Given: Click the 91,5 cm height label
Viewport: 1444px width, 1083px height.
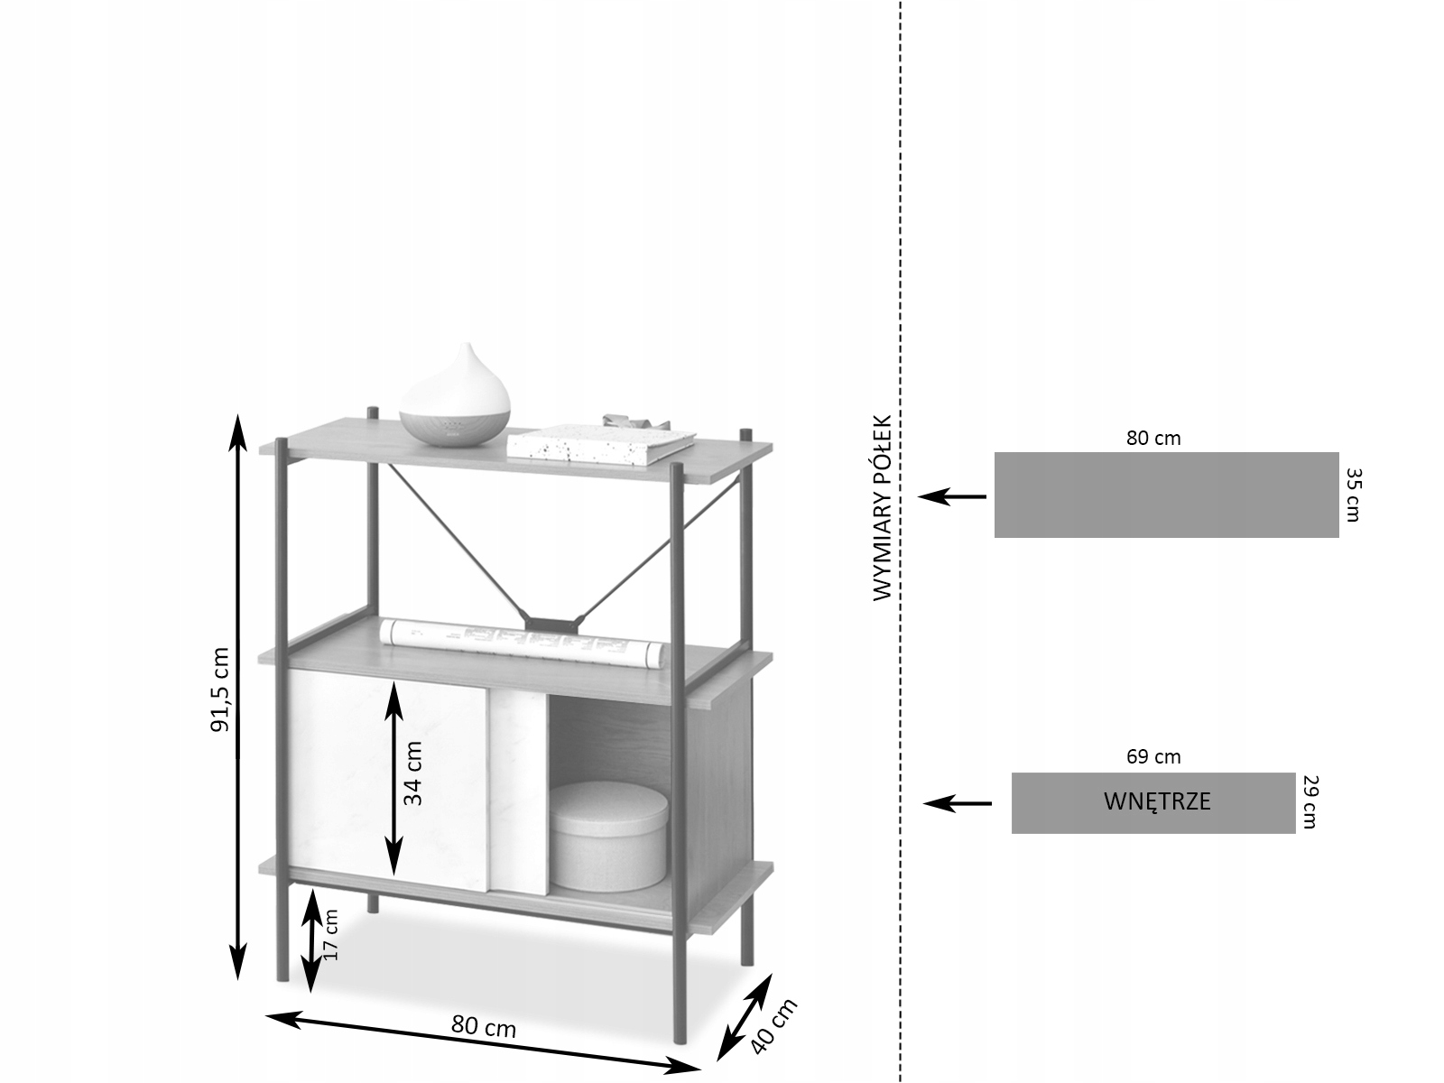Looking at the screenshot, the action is pyautogui.click(x=220, y=690).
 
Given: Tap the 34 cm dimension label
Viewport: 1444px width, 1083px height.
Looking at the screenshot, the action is pyautogui.click(x=412, y=773).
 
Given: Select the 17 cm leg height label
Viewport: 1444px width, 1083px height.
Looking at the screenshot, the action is pyautogui.click(x=330, y=934).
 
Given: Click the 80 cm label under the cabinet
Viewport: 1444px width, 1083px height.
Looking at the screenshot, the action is pyautogui.click(x=483, y=1026).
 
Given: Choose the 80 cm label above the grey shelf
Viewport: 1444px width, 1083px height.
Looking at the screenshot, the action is pyautogui.click(x=1152, y=439).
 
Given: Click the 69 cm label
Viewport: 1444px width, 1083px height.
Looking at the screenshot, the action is pyautogui.click(x=1152, y=757).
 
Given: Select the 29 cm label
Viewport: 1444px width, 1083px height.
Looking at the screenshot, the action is pyautogui.click(x=1310, y=801).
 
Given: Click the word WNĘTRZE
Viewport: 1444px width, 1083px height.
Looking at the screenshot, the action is pyautogui.click(x=1157, y=801).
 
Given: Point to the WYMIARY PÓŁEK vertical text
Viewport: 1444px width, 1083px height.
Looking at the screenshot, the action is pyautogui.click(x=882, y=507).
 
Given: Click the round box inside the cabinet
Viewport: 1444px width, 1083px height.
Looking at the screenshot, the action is pyautogui.click(x=608, y=835).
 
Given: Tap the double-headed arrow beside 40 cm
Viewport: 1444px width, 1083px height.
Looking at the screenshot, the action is pyautogui.click(x=744, y=1017).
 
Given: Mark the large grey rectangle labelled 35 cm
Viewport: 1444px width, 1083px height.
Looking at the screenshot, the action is pyautogui.click(x=1166, y=495).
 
